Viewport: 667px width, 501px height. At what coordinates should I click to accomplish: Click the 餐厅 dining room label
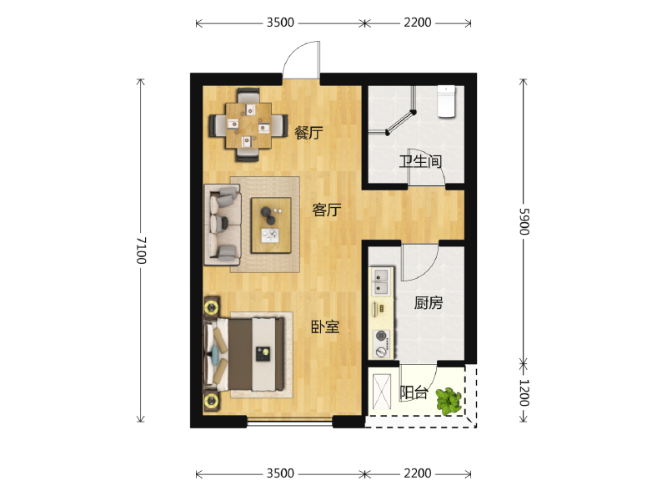tap(308, 133)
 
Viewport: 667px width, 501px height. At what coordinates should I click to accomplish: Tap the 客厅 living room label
tap(327, 210)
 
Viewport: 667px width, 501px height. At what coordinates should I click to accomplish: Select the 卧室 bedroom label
tap(325, 326)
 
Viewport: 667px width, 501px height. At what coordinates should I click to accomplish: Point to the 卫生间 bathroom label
tap(420, 161)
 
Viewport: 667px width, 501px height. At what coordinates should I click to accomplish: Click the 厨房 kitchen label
tap(429, 303)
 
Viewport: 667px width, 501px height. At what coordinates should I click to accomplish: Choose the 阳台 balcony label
tap(414, 392)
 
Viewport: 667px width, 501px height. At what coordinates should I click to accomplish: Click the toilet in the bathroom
tap(446, 101)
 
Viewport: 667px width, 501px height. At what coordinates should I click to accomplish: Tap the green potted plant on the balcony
tap(449, 401)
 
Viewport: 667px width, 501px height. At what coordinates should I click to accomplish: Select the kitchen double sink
tap(381, 281)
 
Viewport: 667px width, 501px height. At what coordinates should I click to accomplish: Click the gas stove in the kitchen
tap(382, 344)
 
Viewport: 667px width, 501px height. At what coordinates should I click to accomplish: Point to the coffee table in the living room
tap(271, 225)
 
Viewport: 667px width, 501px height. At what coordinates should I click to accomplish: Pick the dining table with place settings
tap(248, 126)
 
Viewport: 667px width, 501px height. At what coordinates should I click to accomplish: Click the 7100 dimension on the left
tap(141, 250)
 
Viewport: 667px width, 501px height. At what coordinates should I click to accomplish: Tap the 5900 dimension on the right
tap(524, 221)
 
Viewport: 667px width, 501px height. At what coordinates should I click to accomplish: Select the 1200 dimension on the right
tap(524, 392)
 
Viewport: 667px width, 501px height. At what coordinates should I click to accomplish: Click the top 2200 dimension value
tap(418, 23)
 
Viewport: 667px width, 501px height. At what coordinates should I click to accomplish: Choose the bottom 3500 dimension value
tap(280, 473)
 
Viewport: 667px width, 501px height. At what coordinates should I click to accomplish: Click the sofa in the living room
tap(223, 225)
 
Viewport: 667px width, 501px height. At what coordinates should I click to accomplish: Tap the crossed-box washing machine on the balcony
tap(382, 392)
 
